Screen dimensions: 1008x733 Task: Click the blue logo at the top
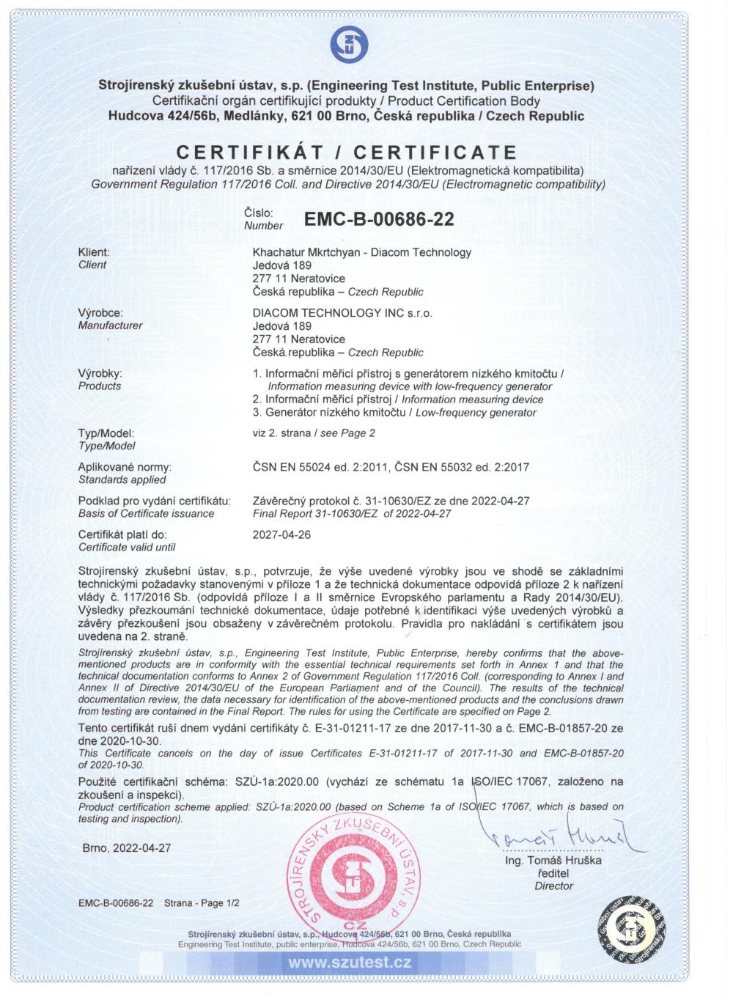(x=347, y=43)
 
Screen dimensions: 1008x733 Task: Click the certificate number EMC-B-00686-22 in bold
(x=378, y=219)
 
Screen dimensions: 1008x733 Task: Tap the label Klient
(x=93, y=252)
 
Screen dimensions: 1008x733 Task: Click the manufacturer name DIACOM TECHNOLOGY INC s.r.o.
(x=342, y=312)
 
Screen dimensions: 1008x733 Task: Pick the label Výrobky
(x=100, y=373)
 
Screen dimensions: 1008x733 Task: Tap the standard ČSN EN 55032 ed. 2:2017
(x=462, y=466)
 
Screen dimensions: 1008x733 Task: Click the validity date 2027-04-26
(x=281, y=534)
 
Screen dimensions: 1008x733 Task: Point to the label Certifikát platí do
(x=122, y=534)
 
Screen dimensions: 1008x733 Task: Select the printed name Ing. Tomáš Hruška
(x=553, y=860)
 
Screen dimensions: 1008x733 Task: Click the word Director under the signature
(x=553, y=886)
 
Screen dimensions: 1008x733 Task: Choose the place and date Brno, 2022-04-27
(x=127, y=847)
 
